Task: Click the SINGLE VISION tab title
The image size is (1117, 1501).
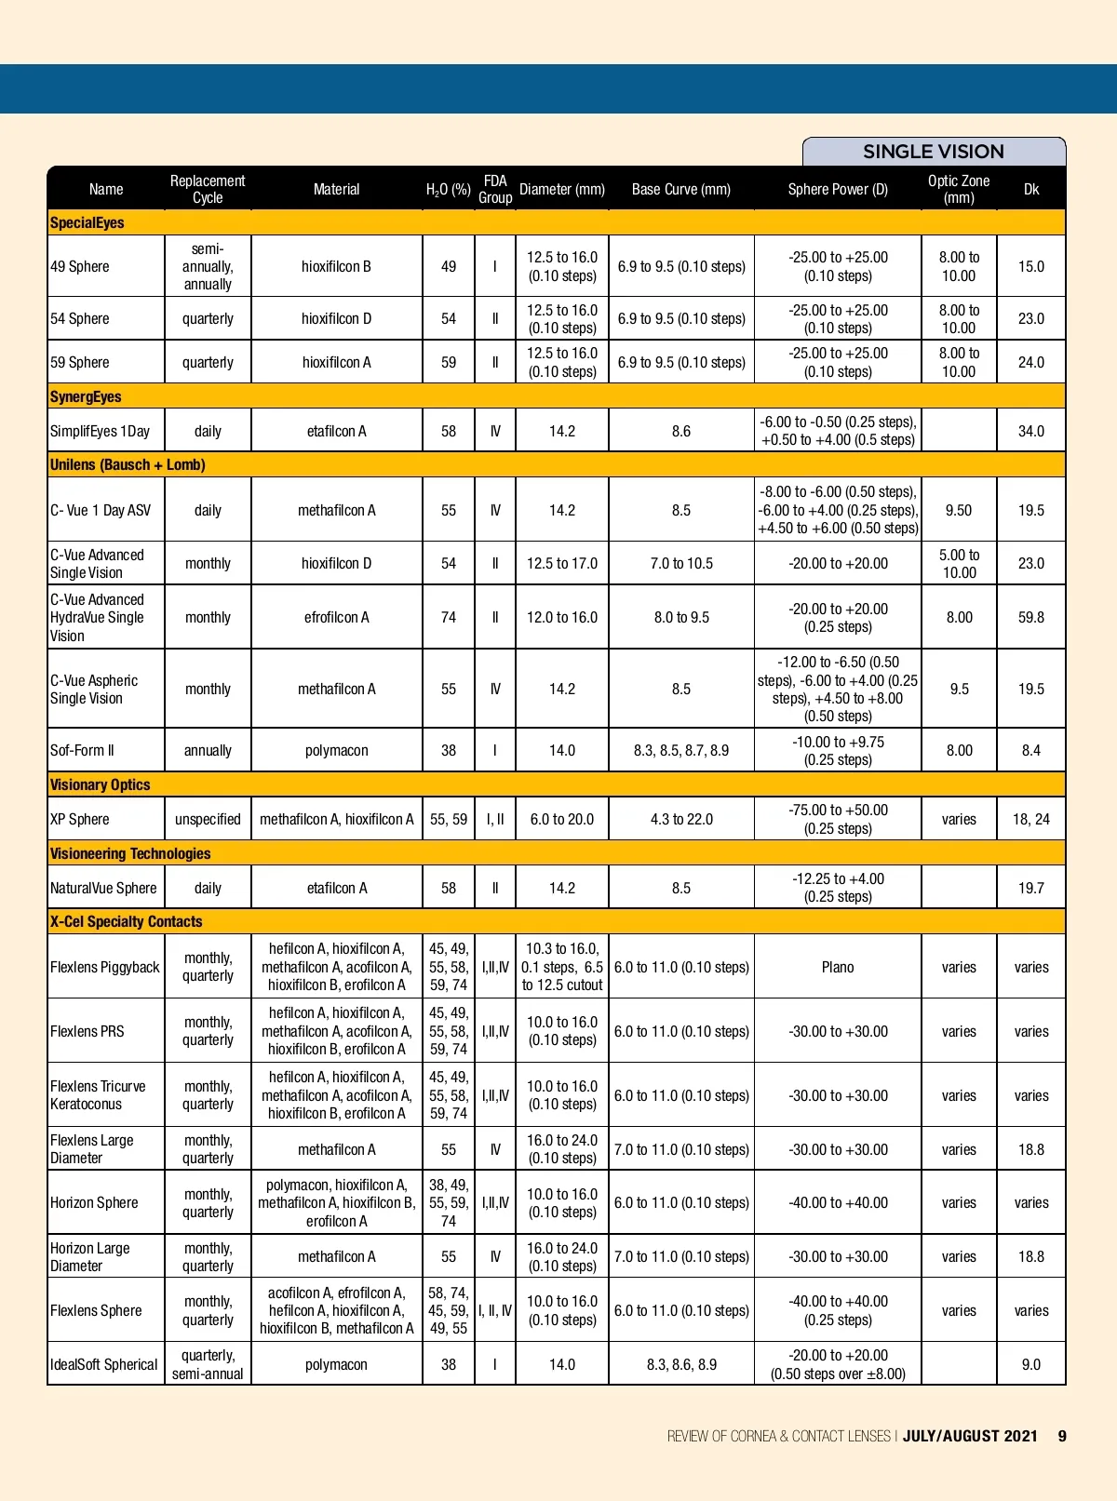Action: [933, 152]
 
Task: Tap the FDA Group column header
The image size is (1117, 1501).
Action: [495, 189]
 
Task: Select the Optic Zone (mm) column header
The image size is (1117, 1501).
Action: [959, 189]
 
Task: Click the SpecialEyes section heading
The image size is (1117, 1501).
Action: [87, 223]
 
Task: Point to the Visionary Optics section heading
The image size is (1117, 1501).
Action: [101, 785]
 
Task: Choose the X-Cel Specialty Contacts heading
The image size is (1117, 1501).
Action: [127, 922]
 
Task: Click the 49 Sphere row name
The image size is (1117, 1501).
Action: [80, 267]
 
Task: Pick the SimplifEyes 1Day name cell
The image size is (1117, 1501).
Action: [100, 432]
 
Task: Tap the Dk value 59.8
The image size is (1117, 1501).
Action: [1030, 618]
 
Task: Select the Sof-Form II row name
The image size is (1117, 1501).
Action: [82, 751]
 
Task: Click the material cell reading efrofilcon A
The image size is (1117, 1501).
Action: [336, 618]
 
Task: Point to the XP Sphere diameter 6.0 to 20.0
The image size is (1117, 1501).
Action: [562, 820]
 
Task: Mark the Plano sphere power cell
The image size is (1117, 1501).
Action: [838, 968]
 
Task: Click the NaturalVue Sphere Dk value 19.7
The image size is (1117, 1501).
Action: [1030, 889]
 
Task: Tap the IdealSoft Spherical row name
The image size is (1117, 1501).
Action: [104, 1365]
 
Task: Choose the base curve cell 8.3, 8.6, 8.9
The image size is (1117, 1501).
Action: [681, 1365]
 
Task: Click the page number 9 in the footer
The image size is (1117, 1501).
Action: [1062, 1436]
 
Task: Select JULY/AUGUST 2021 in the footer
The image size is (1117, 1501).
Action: [970, 1436]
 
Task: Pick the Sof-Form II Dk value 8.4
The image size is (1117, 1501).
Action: [1030, 751]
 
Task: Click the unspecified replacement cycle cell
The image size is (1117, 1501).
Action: [208, 820]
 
